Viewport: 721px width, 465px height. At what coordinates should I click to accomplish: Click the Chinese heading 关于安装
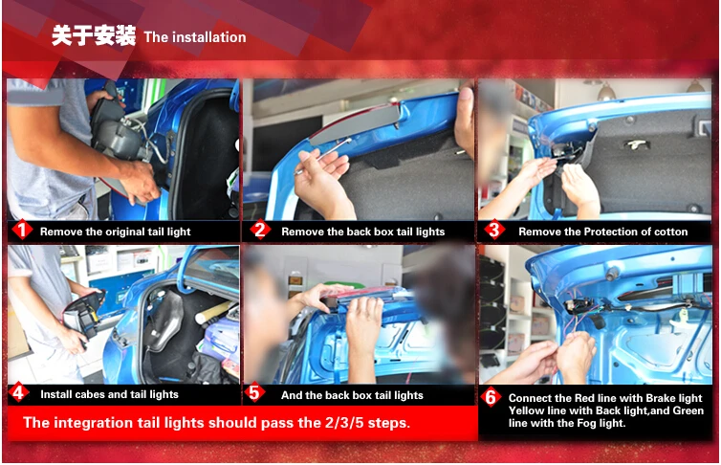(94, 35)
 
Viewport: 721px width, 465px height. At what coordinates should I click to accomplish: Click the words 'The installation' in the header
(195, 37)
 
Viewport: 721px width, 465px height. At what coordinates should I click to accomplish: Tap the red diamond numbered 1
(22, 230)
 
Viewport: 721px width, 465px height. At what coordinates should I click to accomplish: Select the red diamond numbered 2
(260, 230)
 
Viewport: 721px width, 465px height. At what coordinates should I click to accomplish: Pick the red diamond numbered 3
(494, 230)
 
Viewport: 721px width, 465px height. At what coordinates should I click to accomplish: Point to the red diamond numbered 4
(18, 393)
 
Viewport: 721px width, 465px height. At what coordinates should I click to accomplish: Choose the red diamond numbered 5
(254, 393)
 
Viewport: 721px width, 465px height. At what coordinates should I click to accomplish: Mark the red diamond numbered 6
(492, 397)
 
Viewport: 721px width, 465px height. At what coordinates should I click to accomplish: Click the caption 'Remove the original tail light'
(115, 232)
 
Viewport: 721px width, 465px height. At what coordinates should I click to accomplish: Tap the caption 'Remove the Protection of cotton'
(602, 232)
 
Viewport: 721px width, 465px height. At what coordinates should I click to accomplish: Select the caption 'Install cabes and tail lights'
(109, 394)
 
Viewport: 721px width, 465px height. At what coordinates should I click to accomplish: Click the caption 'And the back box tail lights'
(352, 395)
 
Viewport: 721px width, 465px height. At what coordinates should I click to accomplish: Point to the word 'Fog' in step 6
(586, 423)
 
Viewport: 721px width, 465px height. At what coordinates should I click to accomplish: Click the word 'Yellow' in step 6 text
(524, 410)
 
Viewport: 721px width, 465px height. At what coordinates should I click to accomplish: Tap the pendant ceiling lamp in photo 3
(606, 92)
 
